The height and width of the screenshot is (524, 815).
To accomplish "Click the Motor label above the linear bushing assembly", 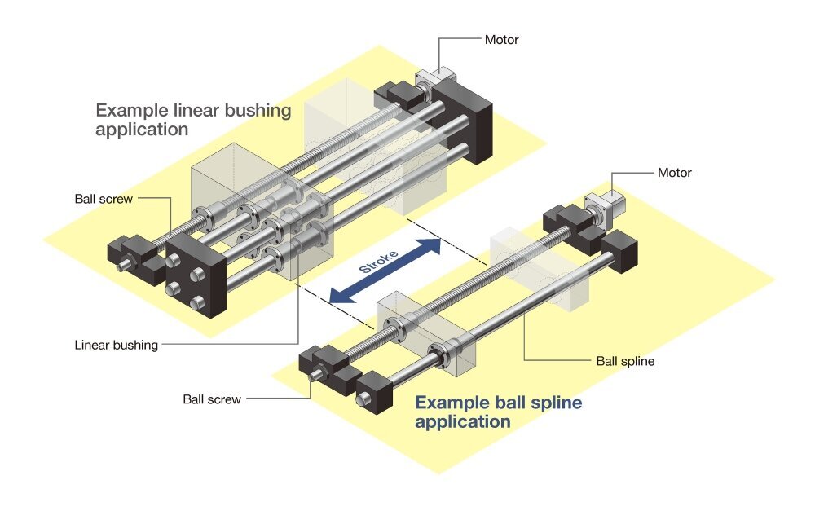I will [x=501, y=39].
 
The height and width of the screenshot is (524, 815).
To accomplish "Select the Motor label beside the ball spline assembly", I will [x=674, y=173].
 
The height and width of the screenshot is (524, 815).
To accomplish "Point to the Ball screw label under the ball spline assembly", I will [x=212, y=399].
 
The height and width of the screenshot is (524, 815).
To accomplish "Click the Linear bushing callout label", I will [x=116, y=345].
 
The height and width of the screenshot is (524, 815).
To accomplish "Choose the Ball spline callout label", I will [x=625, y=360].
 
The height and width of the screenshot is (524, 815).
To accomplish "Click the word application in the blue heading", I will [x=463, y=422].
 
